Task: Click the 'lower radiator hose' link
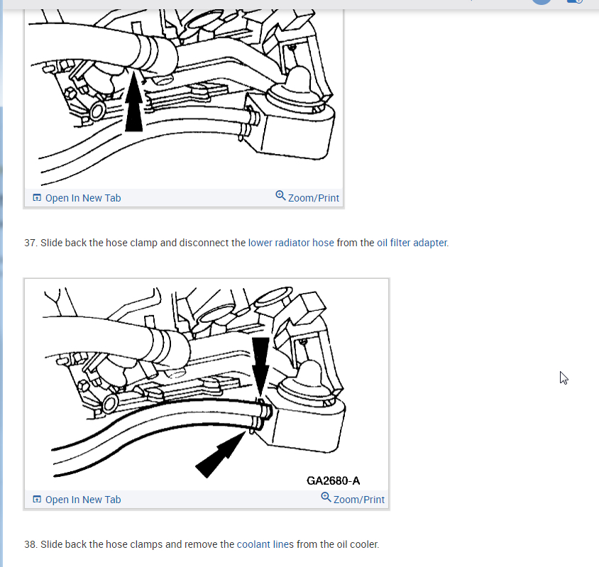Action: pyautogui.click(x=291, y=243)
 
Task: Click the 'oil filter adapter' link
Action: pyautogui.click(x=412, y=243)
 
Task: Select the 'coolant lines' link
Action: pyautogui.click(x=265, y=544)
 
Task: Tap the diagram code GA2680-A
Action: pyautogui.click(x=333, y=480)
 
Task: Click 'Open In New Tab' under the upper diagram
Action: pyautogui.click(x=83, y=198)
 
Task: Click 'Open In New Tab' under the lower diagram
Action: pyautogui.click(x=83, y=500)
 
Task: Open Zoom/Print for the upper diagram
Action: pyautogui.click(x=313, y=198)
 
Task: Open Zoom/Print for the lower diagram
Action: pyautogui.click(x=358, y=500)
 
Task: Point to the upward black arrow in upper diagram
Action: pyautogui.click(x=133, y=101)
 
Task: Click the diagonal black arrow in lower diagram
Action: pyautogui.click(x=221, y=454)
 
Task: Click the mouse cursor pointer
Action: pyautogui.click(x=564, y=378)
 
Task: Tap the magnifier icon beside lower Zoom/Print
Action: pyautogui.click(x=326, y=497)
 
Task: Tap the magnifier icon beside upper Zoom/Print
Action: pyautogui.click(x=280, y=196)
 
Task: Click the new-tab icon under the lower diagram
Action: pyautogui.click(x=37, y=500)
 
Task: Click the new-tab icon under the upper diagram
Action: pyautogui.click(x=37, y=198)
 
